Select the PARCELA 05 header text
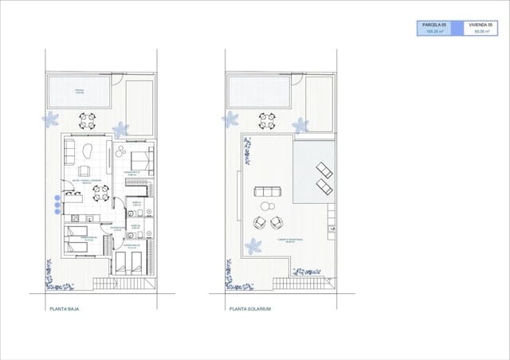(x=435, y=25)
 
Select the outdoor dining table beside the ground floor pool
(x=87, y=120)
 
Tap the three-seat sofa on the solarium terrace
(x=266, y=191)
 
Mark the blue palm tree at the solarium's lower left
(x=253, y=246)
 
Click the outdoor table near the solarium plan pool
(x=266, y=120)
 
